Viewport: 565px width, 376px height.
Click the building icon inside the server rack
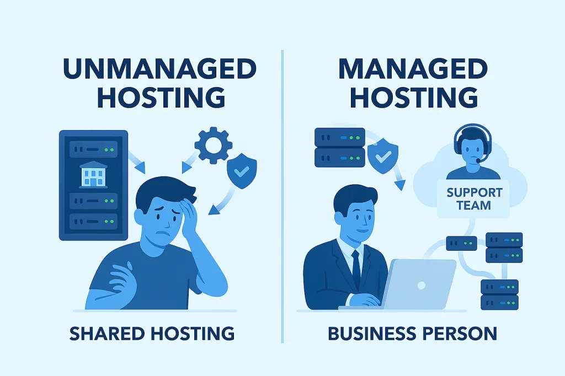pyautogui.click(x=93, y=174)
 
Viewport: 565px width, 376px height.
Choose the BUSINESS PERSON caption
pyautogui.click(x=413, y=334)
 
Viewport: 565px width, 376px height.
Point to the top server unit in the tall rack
pyautogui.click(x=93, y=149)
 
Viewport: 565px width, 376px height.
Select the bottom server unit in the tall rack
pyautogui.click(x=93, y=223)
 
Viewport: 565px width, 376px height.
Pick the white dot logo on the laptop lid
pyautogui.click(x=421, y=284)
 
